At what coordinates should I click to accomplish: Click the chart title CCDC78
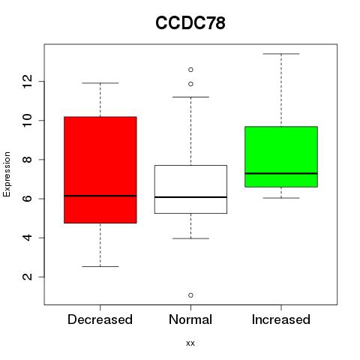(190, 22)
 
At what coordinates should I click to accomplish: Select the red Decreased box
(100, 169)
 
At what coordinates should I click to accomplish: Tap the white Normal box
(190, 189)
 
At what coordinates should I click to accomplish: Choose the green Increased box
(281, 157)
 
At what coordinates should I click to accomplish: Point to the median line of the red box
(100, 196)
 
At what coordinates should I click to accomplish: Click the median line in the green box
(281, 173)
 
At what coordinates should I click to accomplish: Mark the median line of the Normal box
(190, 197)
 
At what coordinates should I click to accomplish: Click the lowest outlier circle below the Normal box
(190, 295)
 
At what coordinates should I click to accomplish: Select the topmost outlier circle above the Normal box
(190, 70)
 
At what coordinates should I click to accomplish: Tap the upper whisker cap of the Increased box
(281, 54)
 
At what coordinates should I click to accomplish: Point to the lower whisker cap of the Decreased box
(100, 266)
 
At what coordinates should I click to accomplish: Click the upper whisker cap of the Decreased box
(100, 83)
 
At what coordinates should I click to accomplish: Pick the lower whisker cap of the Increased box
(281, 198)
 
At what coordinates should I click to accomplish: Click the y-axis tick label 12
(28, 81)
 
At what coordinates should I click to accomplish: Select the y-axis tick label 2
(28, 277)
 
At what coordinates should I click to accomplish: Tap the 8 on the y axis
(28, 160)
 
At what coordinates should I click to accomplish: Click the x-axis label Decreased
(100, 319)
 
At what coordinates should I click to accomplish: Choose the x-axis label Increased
(281, 319)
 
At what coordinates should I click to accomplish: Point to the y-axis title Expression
(7, 174)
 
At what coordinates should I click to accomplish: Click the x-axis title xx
(190, 343)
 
